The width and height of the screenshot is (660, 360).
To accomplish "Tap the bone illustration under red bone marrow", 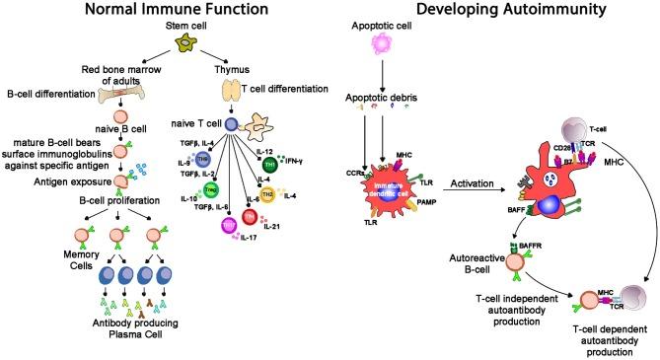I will tap(120, 94).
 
